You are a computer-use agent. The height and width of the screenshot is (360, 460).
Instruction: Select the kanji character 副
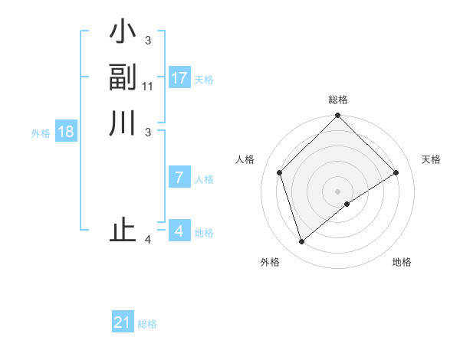[x=123, y=78]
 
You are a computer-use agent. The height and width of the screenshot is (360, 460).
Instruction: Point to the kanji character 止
[x=123, y=231]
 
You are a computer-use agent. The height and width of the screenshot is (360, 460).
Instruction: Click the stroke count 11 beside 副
[x=148, y=87]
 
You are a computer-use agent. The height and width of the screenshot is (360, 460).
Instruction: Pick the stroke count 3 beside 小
[x=147, y=41]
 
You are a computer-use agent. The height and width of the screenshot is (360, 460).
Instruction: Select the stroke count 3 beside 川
[x=147, y=131]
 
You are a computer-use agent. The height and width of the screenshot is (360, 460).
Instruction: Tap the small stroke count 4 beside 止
[x=147, y=240]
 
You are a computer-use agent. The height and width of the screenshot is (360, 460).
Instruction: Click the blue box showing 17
[x=179, y=78]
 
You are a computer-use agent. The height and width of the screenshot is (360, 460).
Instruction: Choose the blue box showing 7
[x=179, y=178]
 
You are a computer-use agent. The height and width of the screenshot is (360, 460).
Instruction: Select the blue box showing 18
[x=66, y=132]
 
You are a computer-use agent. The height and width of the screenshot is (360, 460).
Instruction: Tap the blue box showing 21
[x=123, y=322]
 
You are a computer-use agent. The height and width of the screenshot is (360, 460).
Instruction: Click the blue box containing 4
[x=179, y=231]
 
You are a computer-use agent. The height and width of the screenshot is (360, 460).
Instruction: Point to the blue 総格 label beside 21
[x=147, y=324]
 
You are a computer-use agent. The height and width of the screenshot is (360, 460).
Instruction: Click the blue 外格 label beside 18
[x=41, y=133]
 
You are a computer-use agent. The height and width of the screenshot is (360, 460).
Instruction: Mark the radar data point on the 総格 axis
[x=337, y=116]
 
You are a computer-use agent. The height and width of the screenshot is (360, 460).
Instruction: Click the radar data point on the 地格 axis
[x=347, y=204]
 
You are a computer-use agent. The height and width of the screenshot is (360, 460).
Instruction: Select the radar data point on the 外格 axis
[x=301, y=242]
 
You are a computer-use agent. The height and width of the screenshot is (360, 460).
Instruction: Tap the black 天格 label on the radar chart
[x=431, y=159]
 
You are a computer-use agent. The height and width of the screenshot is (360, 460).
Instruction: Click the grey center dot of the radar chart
[x=337, y=191]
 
